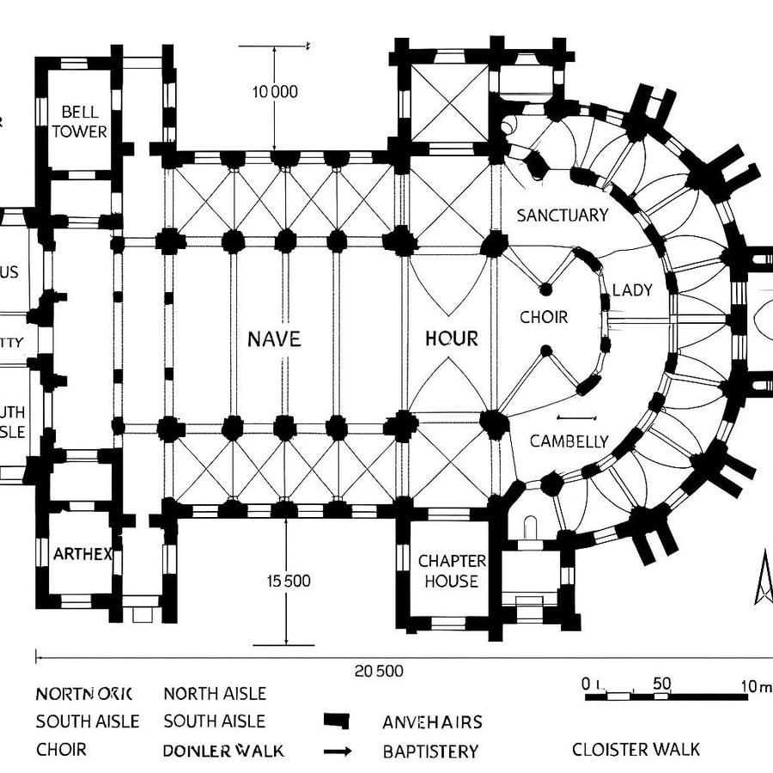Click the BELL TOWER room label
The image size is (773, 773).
pyautogui.click(x=79, y=122)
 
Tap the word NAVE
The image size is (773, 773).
pyautogui.click(x=274, y=339)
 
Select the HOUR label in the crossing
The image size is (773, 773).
pyautogui.click(x=452, y=338)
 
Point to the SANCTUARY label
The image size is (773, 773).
pyautogui.click(x=562, y=216)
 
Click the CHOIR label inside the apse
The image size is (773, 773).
pyautogui.click(x=544, y=317)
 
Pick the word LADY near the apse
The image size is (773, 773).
pyautogui.click(x=632, y=290)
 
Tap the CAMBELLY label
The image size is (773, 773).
pyautogui.click(x=569, y=441)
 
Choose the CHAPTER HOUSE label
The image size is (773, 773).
pyautogui.click(x=452, y=571)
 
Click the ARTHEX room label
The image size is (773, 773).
pyautogui.click(x=82, y=554)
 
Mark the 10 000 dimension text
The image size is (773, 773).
pyautogui.click(x=275, y=92)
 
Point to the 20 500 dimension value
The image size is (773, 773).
pyautogui.click(x=378, y=672)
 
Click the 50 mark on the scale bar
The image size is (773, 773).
pyautogui.click(x=661, y=685)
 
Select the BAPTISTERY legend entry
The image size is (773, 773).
pyautogui.click(x=430, y=752)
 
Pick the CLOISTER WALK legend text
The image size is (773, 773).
pyautogui.click(x=636, y=750)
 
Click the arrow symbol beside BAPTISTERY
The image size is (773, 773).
pyautogui.click(x=338, y=752)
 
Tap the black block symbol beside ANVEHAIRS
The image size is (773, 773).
pyautogui.click(x=338, y=721)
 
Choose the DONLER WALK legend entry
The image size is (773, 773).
pyautogui.click(x=223, y=751)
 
